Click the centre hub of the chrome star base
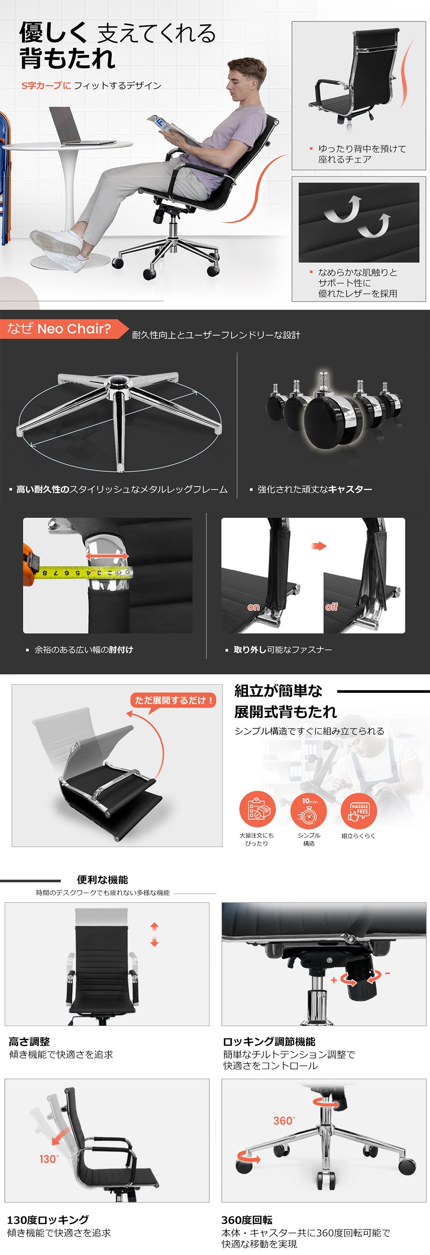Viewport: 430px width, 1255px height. point(117,383)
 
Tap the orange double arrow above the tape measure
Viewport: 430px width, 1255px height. point(107,556)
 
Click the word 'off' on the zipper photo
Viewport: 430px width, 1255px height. point(332,606)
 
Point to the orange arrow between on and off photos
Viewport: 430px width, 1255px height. point(319,546)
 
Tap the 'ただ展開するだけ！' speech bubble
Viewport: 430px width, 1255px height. point(173,701)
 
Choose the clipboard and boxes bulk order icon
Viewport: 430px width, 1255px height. point(258,809)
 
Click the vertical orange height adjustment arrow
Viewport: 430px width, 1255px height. point(154,934)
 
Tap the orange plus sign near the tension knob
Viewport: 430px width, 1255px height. point(334,980)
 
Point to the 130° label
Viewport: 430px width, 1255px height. point(49,1159)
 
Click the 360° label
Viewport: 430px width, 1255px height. point(284,1120)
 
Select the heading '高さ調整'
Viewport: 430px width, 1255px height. point(29,1042)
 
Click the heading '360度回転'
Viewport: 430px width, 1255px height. point(247,1220)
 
